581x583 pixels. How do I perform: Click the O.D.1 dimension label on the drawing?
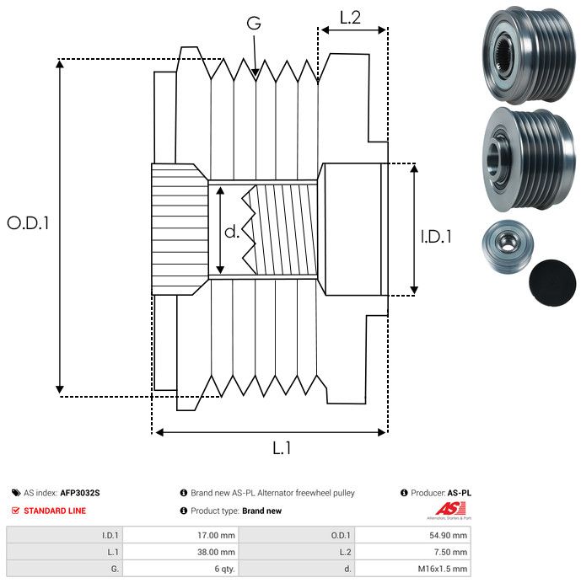(29, 224)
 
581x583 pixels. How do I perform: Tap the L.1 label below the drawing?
(281, 448)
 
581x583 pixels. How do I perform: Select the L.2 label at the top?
(350, 17)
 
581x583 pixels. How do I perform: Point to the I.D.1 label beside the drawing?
(436, 238)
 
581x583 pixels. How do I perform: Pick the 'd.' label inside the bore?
(232, 231)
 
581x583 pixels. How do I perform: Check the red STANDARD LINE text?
(55, 511)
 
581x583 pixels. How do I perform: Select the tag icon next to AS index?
(16, 493)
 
